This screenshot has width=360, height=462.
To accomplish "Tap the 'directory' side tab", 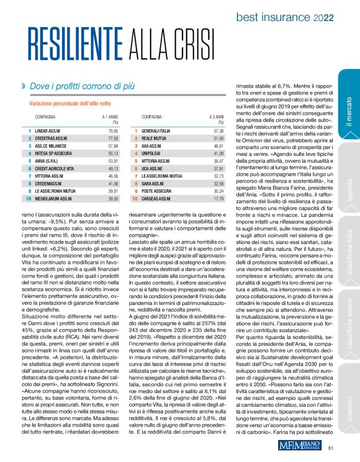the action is [x=349, y=403].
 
